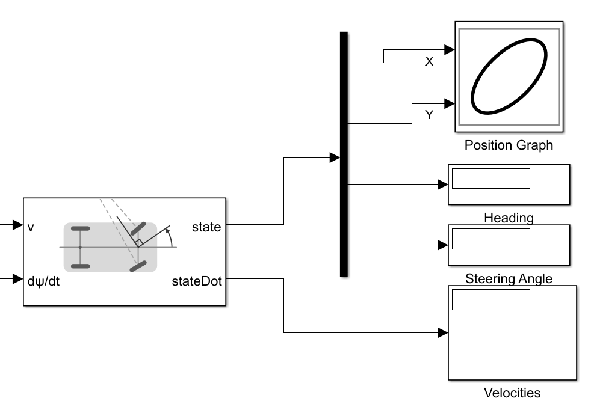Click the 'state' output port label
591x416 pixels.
click(206, 227)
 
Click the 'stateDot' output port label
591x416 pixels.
click(196, 281)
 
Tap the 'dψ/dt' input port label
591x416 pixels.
click(43, 281)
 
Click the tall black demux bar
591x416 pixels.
click(344, 154)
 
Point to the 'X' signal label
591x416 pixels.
click(429, 62)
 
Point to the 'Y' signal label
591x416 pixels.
click(429, 115)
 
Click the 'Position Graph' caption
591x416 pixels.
click(509, 145)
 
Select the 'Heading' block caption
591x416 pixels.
click(509, 218)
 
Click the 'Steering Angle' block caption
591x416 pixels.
click(509, 278)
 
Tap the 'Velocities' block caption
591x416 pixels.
click(512, 393)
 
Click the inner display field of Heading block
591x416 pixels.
click(490, 179)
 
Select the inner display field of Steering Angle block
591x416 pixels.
click(490, 239)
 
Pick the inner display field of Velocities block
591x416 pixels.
click(490, 299)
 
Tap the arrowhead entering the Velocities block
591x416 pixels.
click(443, 332)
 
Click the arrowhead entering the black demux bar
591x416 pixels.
click(335, 158)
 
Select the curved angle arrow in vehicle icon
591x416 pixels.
click(173, 237)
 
